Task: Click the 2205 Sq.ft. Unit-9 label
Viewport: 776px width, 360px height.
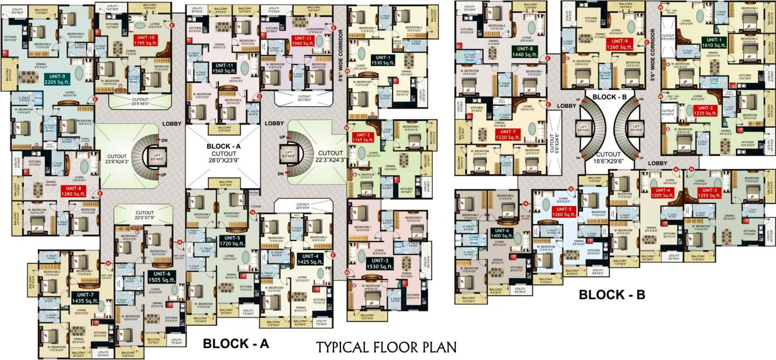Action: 48,78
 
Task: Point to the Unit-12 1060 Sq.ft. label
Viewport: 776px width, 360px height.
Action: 302,41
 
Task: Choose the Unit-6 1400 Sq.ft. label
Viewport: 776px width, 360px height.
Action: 502,233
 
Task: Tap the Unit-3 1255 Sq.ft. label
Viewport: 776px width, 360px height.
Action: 710,193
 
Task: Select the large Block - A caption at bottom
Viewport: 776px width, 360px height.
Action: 235,344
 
